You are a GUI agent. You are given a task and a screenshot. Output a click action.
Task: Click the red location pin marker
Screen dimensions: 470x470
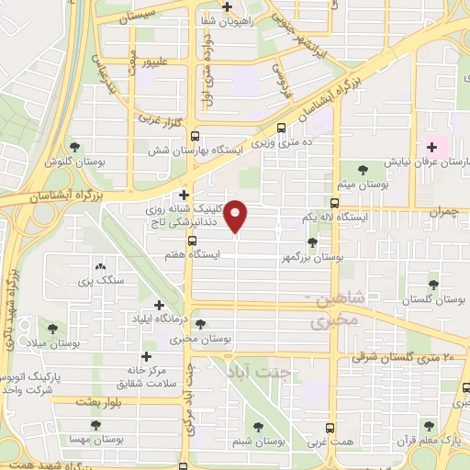237,216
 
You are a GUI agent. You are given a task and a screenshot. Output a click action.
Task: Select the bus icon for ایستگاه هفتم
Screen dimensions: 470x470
191,241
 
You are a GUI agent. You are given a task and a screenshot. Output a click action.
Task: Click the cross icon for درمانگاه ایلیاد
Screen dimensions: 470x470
159,305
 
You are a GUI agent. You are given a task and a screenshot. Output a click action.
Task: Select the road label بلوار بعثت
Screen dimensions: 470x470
75,402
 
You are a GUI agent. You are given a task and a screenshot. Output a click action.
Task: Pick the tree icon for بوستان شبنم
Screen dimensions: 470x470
259,426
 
